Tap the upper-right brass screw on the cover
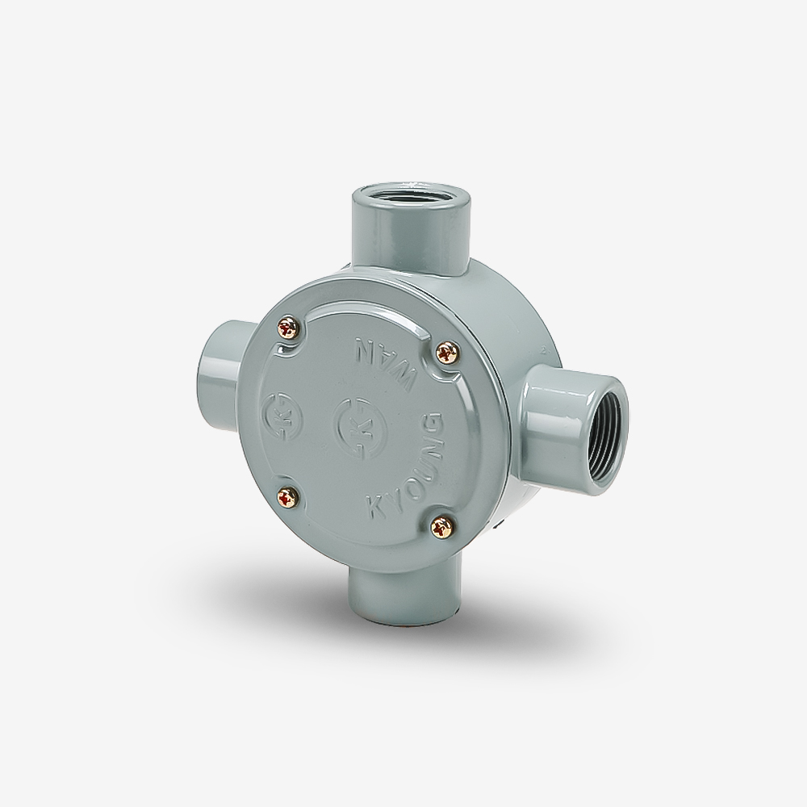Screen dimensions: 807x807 (445, 352)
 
